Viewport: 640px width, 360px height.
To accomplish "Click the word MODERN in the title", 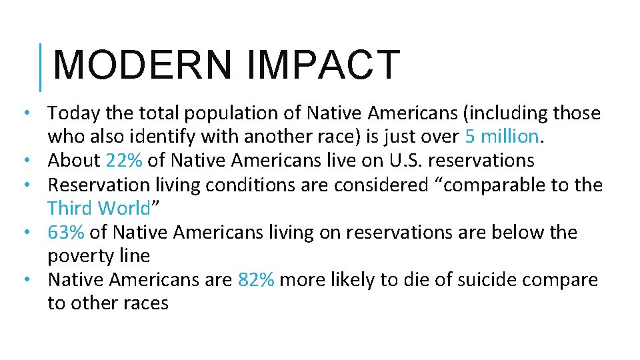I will point(142,65).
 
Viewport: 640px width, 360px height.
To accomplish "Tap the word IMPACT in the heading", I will point(323,65).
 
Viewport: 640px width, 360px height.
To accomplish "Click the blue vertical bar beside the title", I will point(41,67).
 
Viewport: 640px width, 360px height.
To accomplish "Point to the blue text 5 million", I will point(501,137).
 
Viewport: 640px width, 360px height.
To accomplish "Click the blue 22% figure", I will point(123,161).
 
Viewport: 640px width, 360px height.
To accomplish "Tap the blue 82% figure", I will point(255,279).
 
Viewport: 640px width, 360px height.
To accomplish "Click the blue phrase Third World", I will point(99,208).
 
